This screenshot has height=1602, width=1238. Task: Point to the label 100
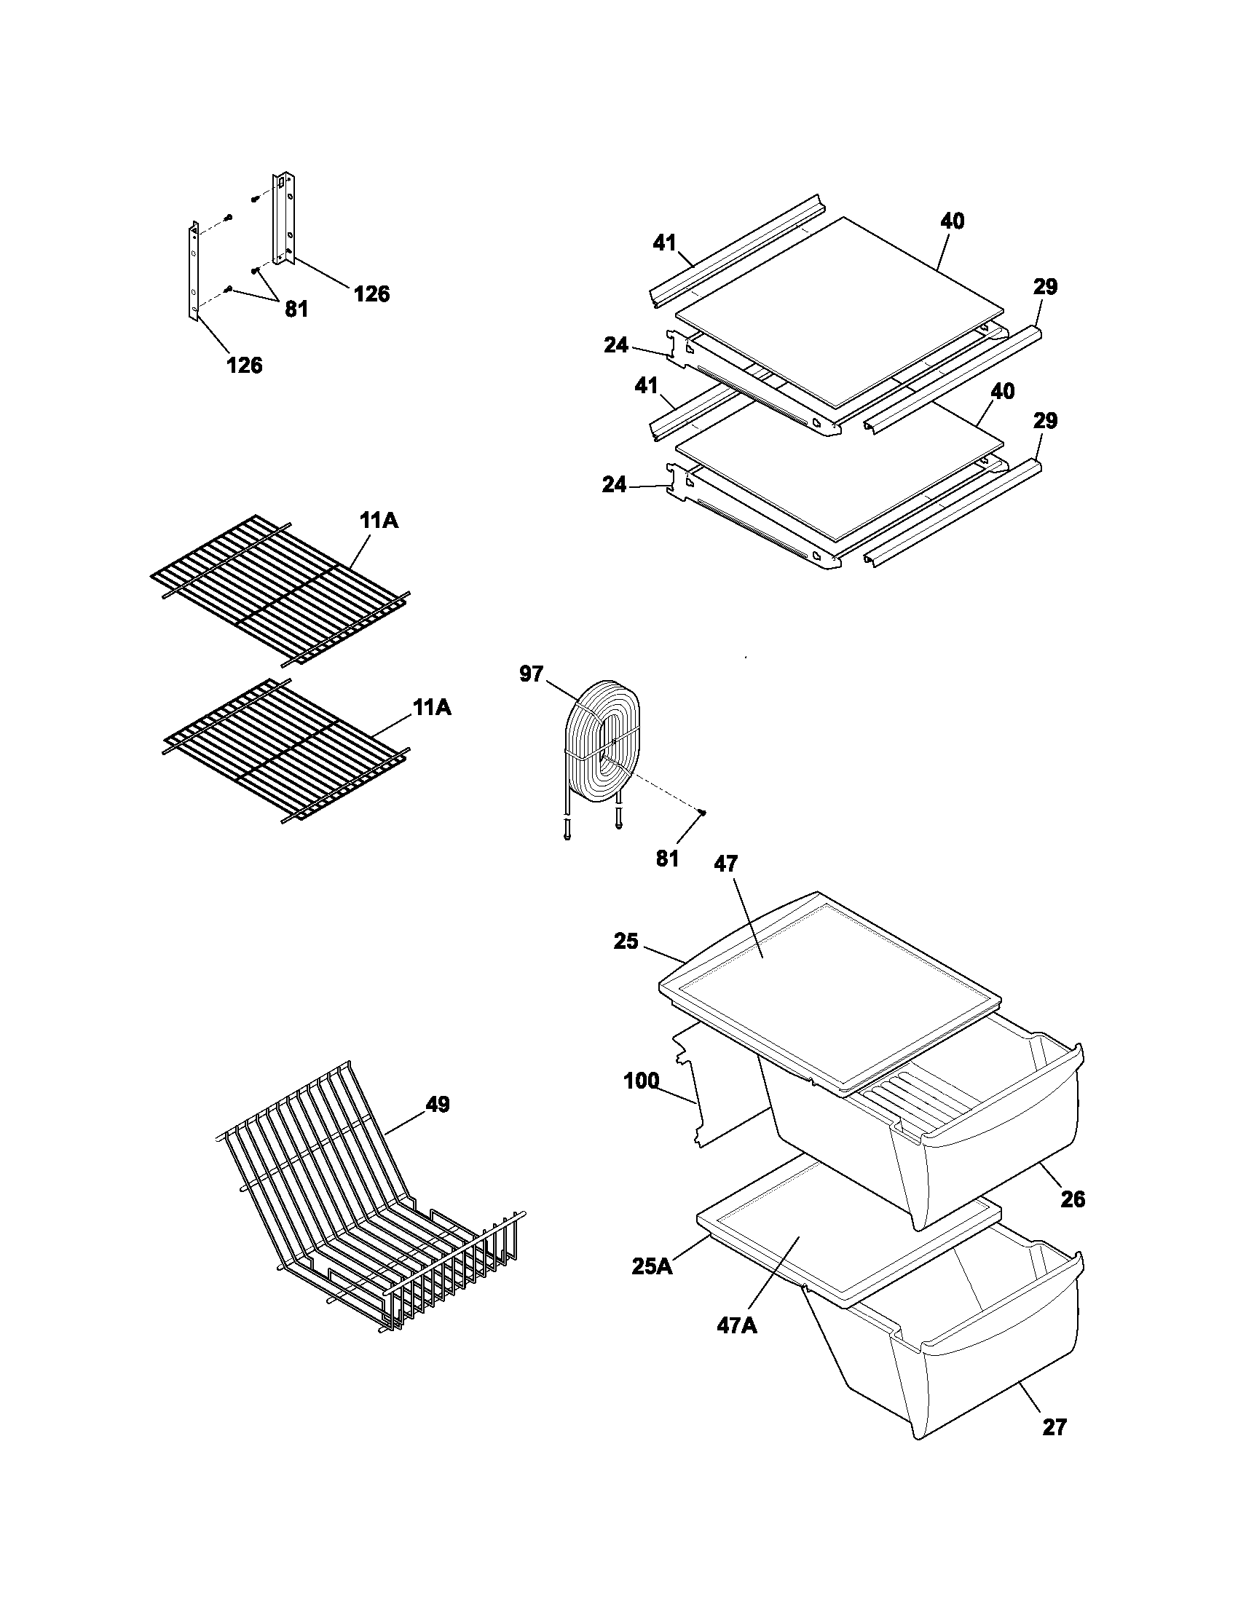tap(641, 1081)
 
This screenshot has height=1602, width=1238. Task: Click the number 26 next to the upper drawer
tap(1073, 1200)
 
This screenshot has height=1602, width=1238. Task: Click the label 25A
tap(652, 1267)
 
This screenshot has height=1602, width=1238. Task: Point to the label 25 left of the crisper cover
tap(626, 941)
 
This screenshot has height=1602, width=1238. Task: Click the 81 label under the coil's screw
tap(667, 859)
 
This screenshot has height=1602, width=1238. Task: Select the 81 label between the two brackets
tap(296, 309)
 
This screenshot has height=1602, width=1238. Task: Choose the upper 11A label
tap(379, 521)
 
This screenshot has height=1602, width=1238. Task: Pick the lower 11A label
tap(431, 708)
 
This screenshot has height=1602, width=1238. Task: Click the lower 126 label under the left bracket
tap(244, 365)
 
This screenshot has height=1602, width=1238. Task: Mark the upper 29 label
tap(1044, 288)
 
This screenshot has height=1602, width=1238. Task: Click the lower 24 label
tap(615, 484)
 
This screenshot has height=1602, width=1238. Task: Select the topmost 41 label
tap(664, 242)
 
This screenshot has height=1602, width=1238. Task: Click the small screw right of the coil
tap(703, 811)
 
